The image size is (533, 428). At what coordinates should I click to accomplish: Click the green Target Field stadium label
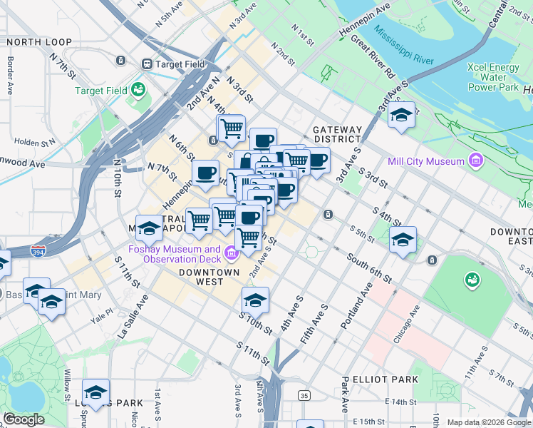tap(102, 91)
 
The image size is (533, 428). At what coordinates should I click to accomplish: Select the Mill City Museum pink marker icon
tap(475, 161)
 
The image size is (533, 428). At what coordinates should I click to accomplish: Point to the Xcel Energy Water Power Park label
tap(492, 77)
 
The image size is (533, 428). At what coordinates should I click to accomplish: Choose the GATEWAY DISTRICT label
tap(337, 134)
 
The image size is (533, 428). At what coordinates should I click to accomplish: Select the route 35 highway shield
tap(304, 395)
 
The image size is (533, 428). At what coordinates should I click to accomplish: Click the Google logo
tap(24, 419)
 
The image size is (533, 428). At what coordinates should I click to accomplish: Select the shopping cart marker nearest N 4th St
tap(232, 128)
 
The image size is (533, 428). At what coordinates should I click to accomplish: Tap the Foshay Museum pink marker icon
tap(232, 253)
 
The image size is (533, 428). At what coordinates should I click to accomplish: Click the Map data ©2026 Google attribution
tap(488, 422)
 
